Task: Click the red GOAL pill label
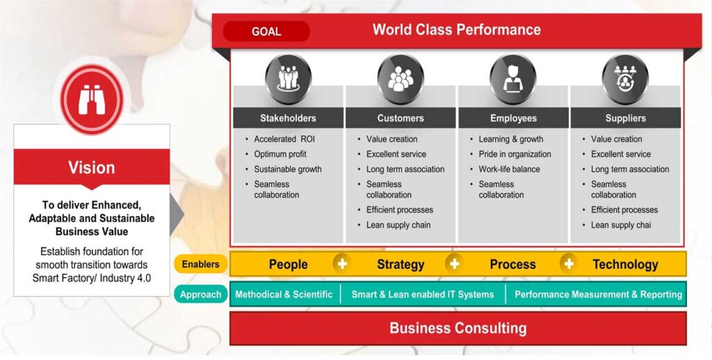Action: click(x=266, y=31)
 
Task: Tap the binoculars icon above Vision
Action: click(x=92, y=99)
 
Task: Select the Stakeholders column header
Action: click(x=288, y=118)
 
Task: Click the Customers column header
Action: click(x=400, y=118)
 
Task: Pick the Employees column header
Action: click(x=513, y=118)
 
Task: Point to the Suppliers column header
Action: click(x=625, y=118)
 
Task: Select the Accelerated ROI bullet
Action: click(x=284, y=139)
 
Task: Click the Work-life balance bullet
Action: click(x=509, y=169)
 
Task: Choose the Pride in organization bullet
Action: click(x=515, y=154)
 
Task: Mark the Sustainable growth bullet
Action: click(x=287, y=169)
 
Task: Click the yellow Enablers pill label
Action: click(x=201, y=264)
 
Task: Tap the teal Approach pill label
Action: click(x=201, y=294)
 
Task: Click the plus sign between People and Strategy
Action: click(x=342, y=264)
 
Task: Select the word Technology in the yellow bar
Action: click(x=625, y=264)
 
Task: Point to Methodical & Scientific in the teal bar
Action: click(x=284, y=294)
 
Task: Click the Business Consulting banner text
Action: click(x=458, y=328)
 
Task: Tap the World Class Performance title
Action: click(x=457, y=29)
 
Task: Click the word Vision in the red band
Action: click(x=92, y=167)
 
